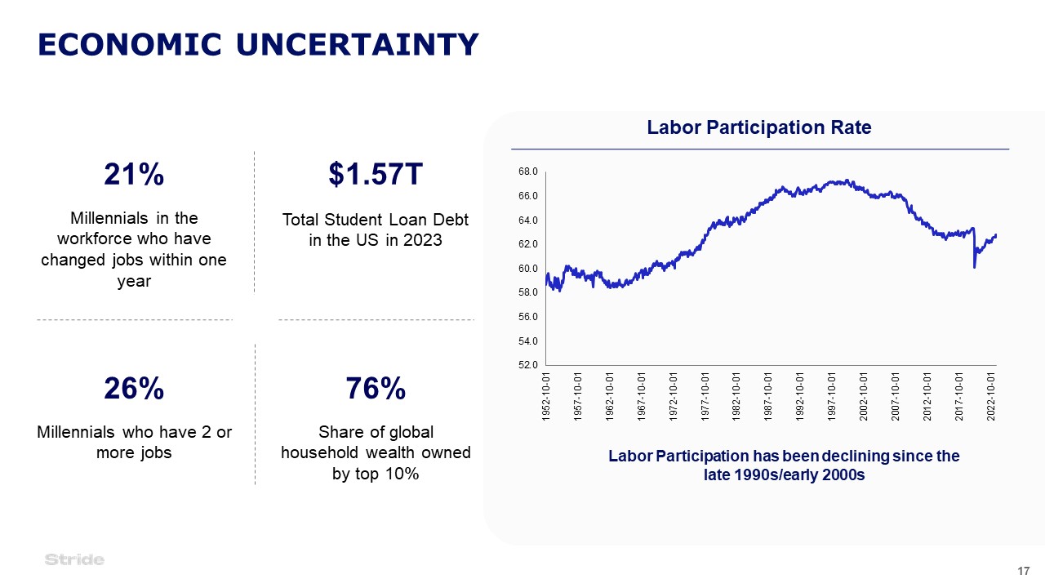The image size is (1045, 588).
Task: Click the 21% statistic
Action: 134,174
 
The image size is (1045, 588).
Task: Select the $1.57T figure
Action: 376,174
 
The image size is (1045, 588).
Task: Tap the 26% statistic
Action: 134,388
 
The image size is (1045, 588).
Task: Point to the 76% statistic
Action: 376,388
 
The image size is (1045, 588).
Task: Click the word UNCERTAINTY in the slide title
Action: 358,45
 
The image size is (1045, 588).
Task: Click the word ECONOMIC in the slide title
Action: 130,45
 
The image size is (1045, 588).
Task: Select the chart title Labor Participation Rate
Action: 759,127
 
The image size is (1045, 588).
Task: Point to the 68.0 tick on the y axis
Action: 528,171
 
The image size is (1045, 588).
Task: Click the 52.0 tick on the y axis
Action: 528,364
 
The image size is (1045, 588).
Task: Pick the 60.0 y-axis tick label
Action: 528,269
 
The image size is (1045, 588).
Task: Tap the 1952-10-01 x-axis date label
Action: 546,397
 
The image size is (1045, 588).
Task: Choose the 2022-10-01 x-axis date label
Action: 991,397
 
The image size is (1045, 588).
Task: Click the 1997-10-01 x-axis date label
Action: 832,397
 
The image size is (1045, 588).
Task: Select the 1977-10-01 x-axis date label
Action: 705,397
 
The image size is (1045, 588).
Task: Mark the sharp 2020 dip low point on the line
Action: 975,267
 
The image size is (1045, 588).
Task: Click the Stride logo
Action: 74,559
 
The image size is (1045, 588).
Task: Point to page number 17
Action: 1024,571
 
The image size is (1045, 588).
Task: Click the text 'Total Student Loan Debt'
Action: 376,220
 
